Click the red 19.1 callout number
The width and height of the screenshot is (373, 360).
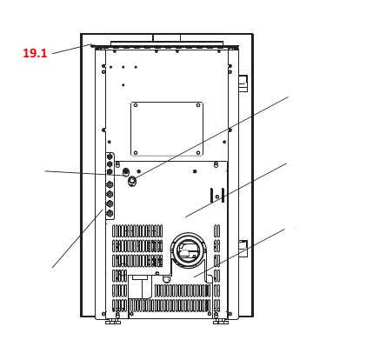[x=35, y=53]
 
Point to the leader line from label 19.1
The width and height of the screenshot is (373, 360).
[x=72, y=49]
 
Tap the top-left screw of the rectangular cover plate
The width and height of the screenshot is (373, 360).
[x=136, y=105]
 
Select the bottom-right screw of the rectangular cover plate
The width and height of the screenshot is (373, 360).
[x=198, y=153]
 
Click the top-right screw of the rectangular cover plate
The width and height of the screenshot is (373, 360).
[x=198, y=105]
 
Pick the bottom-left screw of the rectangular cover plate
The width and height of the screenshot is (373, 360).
[x=136, y=153]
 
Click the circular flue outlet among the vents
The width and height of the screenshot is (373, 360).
[x=188, y=250]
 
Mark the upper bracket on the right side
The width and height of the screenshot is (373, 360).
[x=243, y=83]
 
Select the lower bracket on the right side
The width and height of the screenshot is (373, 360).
[x=243, y=249]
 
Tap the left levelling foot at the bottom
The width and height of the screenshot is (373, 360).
[x=113, y=322]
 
